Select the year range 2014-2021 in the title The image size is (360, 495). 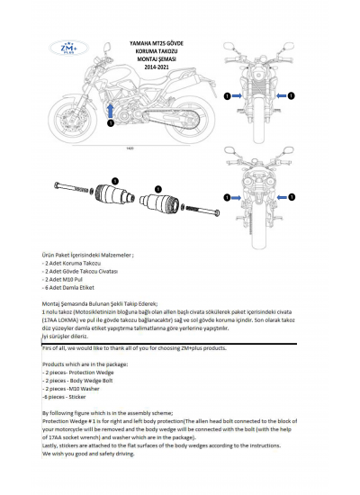tap(163, 67)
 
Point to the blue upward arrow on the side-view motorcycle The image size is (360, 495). tap(111, 110)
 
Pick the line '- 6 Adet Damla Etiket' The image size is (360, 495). tap(68, 287)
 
